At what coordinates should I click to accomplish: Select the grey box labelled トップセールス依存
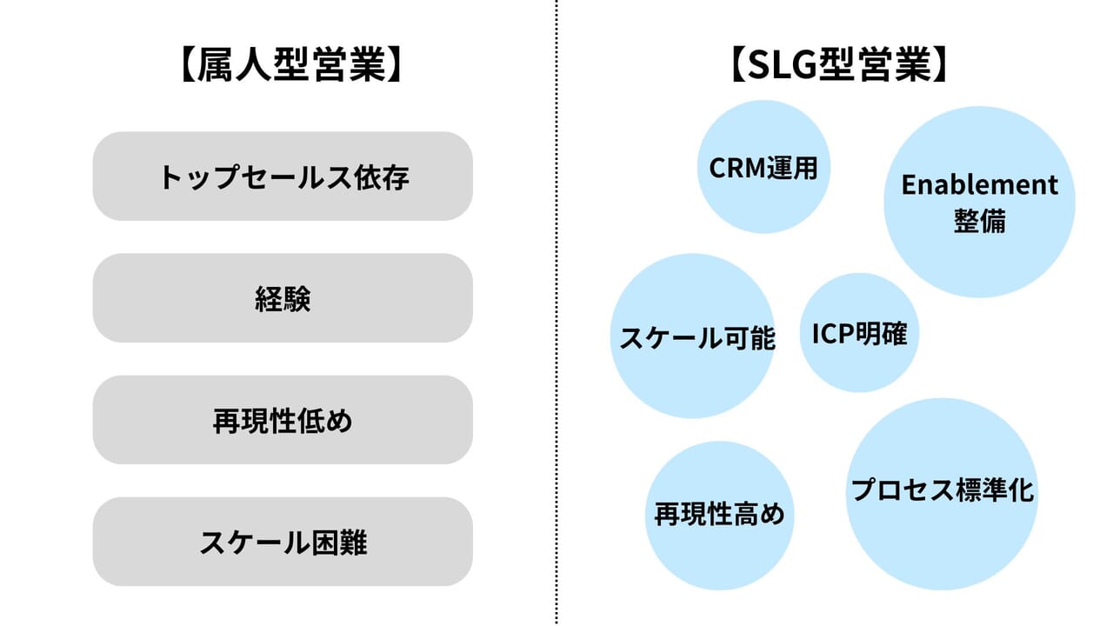click(x=283, y=176)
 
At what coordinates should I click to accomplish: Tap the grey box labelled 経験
click(x=283, y=298)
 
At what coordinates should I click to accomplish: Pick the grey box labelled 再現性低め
click(x=283, y=420)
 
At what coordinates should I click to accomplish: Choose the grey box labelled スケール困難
click(x=283, y=542)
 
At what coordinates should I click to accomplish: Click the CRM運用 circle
click(x=763, y=167)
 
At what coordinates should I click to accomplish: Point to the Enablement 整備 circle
click(x=979, y=202)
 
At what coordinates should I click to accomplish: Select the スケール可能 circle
click(x=692, y=336)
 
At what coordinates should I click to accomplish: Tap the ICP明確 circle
click(x=859, y=333)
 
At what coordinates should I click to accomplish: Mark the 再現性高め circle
click(x=719, y=515)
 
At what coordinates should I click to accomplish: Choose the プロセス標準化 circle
click(x=942, y=491)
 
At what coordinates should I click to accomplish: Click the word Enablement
click(x=979, y=184)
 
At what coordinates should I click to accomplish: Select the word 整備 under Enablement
click(x=979, y=220)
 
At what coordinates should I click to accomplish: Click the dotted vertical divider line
click(x=556, y=313)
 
